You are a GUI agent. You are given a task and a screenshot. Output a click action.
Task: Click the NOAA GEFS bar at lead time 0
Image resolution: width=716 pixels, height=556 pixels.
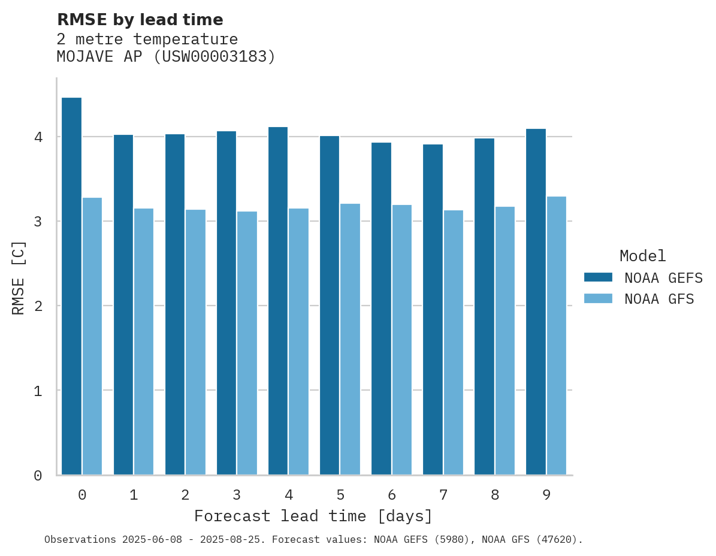pos(71,286)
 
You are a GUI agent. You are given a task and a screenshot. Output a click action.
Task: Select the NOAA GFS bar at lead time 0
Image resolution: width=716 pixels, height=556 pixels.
pos(92,336)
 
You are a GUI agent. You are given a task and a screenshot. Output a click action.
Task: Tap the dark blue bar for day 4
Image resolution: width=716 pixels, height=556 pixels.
pos(278,301)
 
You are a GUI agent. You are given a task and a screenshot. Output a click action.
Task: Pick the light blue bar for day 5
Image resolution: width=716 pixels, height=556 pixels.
pos(350,339)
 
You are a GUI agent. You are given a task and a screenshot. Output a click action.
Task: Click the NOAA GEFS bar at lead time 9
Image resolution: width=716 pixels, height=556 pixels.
pos(536,302)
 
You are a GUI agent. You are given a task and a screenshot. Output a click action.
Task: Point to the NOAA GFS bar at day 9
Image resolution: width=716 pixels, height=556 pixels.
pos(557,336)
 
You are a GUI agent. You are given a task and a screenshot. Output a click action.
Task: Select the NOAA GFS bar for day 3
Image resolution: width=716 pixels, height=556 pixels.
pos(247,343)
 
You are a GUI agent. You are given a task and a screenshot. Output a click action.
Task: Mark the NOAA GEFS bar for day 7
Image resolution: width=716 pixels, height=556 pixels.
pos(433,310)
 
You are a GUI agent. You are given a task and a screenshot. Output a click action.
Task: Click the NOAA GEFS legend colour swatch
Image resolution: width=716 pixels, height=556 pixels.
pos(598,277)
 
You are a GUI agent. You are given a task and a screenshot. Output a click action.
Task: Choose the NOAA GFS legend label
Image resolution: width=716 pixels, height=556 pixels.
pos(659,299)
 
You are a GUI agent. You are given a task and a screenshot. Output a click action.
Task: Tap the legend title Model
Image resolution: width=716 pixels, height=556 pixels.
pos(642,256)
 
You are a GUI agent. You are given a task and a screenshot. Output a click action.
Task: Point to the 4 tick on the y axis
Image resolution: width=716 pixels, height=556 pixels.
pos(38,137)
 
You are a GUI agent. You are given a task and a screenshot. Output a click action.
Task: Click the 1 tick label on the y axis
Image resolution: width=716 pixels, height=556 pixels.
pos(38,391)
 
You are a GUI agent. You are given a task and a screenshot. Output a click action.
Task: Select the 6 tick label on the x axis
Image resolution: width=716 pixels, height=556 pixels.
pos(392,495)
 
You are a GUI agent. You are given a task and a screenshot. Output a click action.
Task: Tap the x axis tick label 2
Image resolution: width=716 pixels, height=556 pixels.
pos(185,495)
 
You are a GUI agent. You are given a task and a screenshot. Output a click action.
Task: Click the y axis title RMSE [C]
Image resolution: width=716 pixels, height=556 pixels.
pos(19,277)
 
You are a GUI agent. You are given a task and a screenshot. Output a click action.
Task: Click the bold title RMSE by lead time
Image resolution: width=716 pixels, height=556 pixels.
pos(140,20)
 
